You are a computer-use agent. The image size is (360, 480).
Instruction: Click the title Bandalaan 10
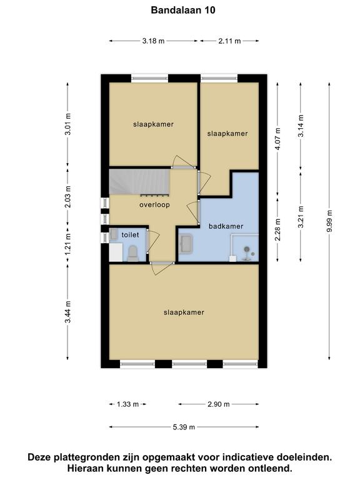183,11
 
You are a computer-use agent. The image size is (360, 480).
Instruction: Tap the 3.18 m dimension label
153,41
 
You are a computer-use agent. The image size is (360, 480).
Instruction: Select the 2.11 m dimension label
229,41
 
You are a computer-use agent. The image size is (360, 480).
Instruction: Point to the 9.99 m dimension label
329,221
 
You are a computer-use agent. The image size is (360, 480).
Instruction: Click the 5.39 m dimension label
184,427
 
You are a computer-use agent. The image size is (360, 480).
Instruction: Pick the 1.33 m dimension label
127,404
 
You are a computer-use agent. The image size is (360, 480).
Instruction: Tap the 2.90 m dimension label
219,404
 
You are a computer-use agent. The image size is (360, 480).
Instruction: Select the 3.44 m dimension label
67,312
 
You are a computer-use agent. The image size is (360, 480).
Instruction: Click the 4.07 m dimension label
277,139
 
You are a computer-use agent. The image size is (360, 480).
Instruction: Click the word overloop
154,205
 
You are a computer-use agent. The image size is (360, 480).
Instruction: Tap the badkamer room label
226,226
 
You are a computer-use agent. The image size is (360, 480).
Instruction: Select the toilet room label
130,235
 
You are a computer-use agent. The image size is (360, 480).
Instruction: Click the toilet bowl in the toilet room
133,254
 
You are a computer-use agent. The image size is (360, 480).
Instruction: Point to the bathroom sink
186,244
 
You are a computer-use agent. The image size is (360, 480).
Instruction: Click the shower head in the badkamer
247,250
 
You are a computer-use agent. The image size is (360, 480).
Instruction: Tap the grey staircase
139,182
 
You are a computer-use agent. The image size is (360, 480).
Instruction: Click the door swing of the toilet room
154,242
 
